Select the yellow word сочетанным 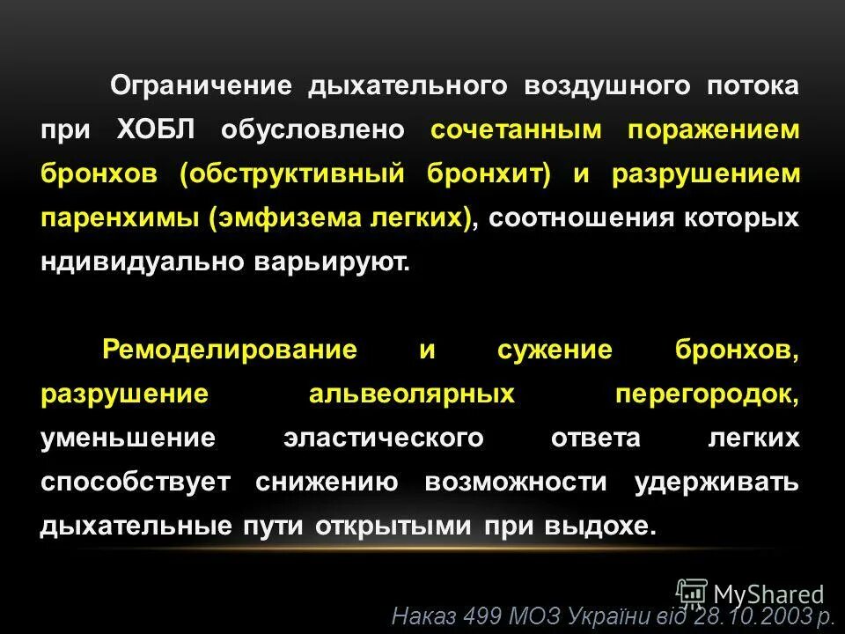coord(517,130)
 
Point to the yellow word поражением coord(714,130)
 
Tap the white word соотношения coord(580,218)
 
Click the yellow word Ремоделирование coord(230,350)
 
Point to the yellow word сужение coord(554,350)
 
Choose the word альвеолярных coord(411,394)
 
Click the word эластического coord(383,438)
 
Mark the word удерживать coord(716,482)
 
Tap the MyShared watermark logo coord(752,593)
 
